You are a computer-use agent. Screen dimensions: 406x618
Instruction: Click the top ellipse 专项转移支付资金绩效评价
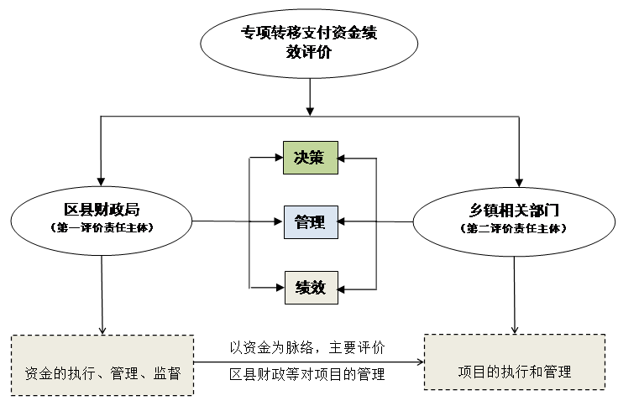310,42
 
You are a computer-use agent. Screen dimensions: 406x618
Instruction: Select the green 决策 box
310,157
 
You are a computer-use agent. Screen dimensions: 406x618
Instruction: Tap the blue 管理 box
310,222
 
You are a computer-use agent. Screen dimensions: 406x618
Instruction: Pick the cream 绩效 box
310,287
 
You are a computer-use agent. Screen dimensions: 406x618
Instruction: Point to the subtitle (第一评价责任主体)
102,227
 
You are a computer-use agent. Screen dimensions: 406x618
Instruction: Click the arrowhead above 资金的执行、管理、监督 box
102,329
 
